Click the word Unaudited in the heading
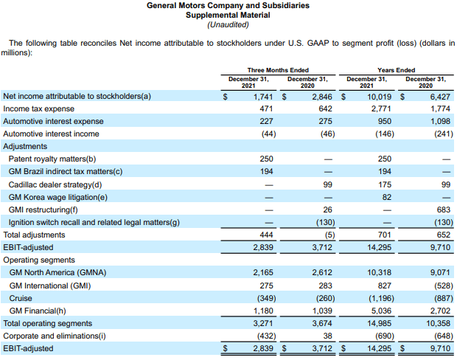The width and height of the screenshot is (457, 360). [x=228, y=25]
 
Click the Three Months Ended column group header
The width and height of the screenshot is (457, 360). [x=278, y=70]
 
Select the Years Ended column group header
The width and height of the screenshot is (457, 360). [x=397, y=70]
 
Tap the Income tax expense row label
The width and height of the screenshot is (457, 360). [x=39, y=109]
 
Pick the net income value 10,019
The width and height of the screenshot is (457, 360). [x=379, y=97]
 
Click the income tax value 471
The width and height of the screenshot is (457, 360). [x=266, y=109]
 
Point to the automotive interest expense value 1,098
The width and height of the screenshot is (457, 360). [x=440, y=122]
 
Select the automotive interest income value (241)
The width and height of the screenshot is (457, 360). [x=444, y=134]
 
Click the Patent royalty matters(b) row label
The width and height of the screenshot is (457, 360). [x=52, y=159]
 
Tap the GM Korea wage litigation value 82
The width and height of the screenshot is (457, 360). [x=387, y=197]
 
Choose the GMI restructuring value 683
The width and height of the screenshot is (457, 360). [x=444, y=210]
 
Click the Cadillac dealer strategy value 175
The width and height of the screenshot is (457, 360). [x=385, y=184]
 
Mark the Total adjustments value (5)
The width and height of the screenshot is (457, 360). [x=329, y=235]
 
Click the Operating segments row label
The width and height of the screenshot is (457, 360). [x=39, y=260]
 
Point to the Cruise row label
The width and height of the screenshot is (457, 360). [x=21, y=299]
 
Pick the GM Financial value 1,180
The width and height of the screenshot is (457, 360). [x=263, y=311]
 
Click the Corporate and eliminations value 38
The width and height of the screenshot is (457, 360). [x=327, y=336]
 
